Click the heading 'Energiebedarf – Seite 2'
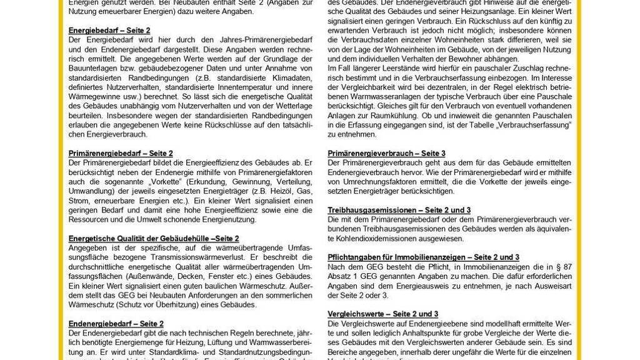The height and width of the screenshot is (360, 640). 109,30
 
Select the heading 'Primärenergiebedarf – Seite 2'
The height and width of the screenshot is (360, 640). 120,152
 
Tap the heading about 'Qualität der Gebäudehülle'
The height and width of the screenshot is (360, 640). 153,239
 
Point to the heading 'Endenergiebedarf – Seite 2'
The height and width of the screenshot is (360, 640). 116,324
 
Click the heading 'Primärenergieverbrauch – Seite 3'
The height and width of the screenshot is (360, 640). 386,153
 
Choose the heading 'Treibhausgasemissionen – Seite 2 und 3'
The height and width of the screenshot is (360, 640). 399,211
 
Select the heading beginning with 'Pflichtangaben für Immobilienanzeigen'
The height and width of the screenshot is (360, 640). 423,257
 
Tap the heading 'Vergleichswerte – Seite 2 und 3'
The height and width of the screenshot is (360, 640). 382,314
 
